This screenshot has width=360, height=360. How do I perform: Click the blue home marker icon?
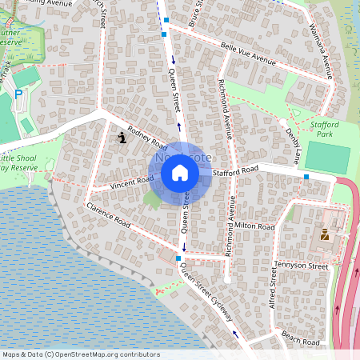179,172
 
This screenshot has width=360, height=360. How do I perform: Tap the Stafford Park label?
324,130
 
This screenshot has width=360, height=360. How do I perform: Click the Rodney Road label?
146,140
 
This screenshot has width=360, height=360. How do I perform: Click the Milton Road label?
255,227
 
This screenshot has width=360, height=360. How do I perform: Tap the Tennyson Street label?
302,265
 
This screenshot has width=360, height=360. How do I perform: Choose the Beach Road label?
301,340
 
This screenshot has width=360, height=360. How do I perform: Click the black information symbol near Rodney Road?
122,138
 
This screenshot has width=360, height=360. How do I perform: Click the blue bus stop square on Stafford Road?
306,176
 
